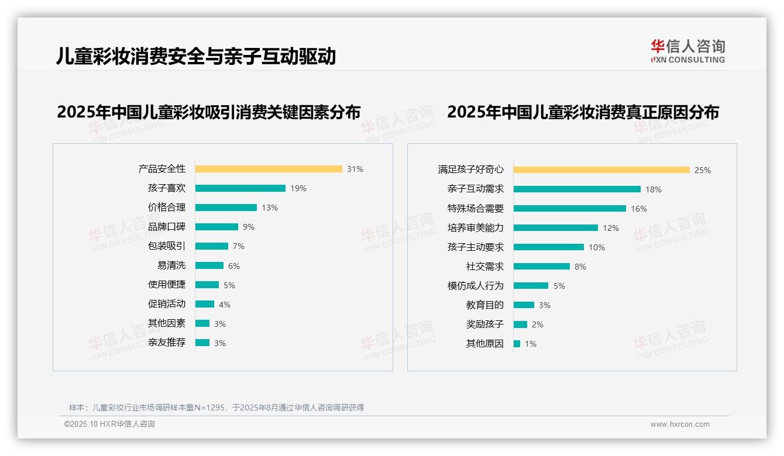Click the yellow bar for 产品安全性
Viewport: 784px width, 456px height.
coord(269,169)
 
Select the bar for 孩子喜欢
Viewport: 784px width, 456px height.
coord(240,188)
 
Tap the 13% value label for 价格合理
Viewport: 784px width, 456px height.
coord(270,208)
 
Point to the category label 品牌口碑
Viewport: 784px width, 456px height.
coord(167,227)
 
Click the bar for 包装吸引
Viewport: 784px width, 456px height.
coord(212,246)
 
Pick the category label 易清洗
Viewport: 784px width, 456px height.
coord(171,265)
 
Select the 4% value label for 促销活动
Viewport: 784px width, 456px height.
coord(225,305)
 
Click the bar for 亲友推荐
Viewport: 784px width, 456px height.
coord(202,343)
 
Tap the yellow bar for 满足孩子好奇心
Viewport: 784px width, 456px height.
coord(601,170)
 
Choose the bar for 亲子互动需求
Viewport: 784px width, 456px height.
coord(577,189)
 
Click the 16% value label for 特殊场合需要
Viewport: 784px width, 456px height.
coord(639,209)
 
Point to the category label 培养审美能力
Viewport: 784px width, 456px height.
coord(476,228)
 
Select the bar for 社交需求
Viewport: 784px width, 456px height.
coord(542,267)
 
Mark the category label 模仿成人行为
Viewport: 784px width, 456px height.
coord(476,286)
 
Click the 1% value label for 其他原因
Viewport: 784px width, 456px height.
coord(531,344)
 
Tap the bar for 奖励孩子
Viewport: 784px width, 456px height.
coord(520,324)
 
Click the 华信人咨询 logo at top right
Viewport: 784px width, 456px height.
coord(687,51)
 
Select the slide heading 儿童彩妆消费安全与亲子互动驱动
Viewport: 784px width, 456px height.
coord(196,56)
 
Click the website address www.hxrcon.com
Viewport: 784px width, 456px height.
coord(680,424)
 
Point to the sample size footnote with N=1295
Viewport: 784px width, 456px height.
coord(216,407)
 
